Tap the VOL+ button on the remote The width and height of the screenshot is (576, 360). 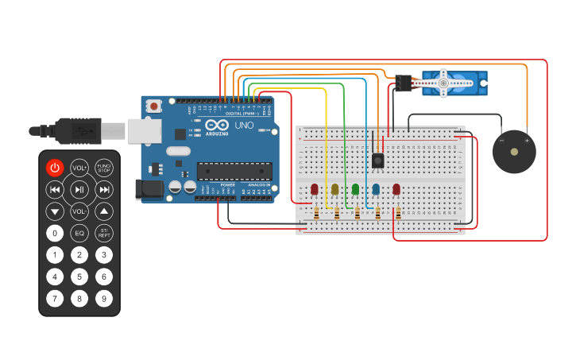(79, 168)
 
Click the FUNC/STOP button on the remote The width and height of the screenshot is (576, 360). (104, 168)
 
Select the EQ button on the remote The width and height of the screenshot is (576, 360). (79, 233)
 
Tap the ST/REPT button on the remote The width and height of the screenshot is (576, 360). (104, 233)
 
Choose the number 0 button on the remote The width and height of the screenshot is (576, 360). (54, 233)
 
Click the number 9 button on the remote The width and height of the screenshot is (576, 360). (104, 299)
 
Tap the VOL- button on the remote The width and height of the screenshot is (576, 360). (79, 211)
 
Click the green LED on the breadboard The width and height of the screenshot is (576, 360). (355, 189)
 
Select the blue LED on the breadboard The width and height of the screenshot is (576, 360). (376, 189)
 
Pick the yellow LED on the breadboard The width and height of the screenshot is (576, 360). (334, 189)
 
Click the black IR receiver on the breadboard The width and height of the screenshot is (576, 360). (378, 160)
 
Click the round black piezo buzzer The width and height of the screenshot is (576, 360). (513, 151)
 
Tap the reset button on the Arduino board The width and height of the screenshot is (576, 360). (154, 105)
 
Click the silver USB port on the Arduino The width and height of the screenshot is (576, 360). (144, 131)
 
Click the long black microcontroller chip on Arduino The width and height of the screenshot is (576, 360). (234, 171)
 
